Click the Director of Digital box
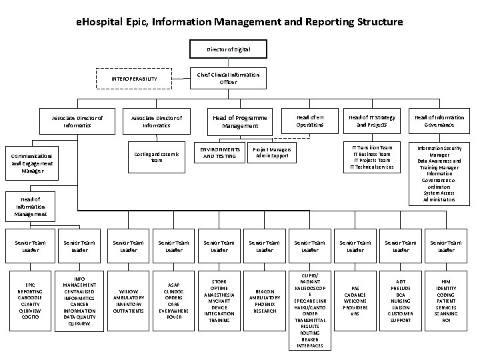click(230, 49)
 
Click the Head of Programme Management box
click(239, 121)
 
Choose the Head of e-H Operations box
click(310, 121)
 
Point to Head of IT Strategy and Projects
click(371, 121)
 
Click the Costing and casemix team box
click(157, 156)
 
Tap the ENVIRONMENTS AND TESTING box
click(219, 153)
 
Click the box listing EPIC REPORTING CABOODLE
click(31, 300)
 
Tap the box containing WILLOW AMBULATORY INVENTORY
click(129, 300)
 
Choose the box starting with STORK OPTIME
click(219, 300)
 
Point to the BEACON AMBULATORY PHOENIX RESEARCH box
click(265, 300)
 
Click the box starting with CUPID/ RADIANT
click(309, 309)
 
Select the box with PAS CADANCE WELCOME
click(355, 300)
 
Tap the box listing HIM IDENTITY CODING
click(445, 300)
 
